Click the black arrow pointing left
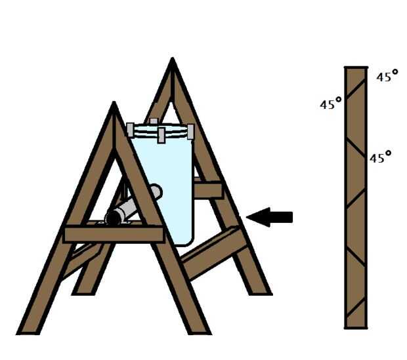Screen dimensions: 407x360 (269, 217)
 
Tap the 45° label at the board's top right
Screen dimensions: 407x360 (387, 75)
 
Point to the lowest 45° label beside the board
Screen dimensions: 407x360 (380, 157)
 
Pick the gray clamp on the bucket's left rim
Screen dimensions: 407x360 (130, 130)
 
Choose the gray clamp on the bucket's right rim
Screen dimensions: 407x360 (190, 132)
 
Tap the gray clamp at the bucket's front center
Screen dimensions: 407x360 (161, 135)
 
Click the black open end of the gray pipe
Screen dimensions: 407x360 (114, 217)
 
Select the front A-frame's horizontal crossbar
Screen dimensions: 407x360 (114, 235)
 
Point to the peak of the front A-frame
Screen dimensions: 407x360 (114, 102)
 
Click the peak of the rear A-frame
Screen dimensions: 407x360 (173, 59)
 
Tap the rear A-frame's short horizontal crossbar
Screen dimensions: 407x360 (207, 190)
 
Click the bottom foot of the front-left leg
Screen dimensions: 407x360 (28, 332)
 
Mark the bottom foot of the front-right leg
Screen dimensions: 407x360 (200, 332)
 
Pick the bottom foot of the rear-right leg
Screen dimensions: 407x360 (261, 293)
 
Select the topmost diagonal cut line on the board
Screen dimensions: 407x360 (356, 89)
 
